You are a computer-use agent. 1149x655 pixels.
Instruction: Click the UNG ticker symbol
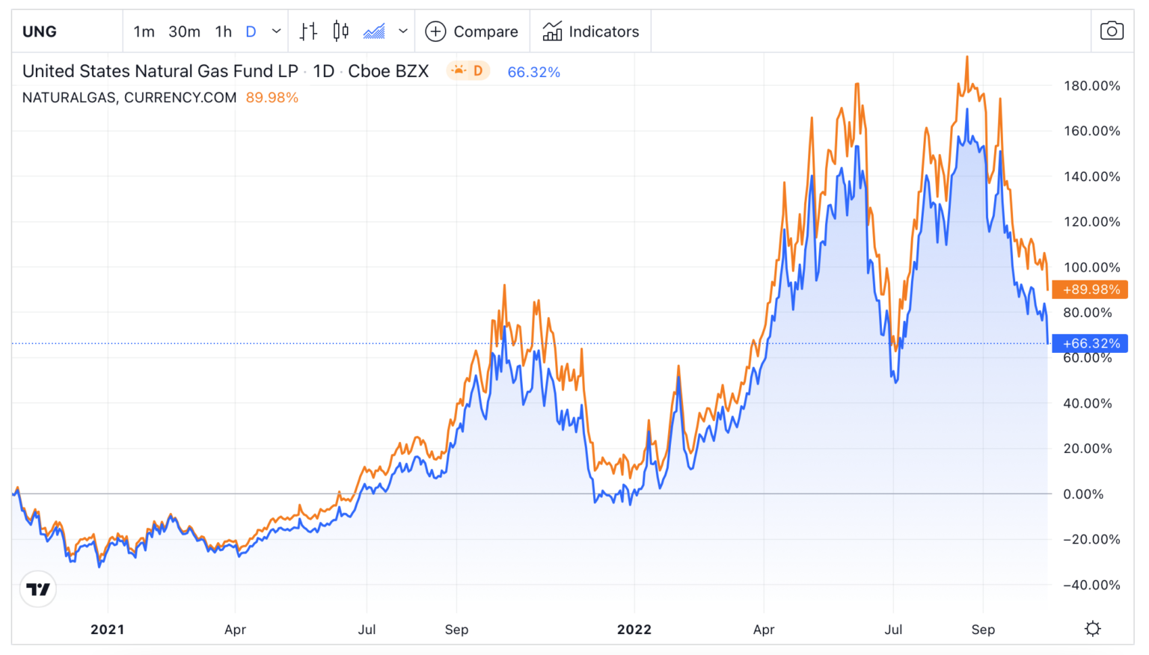tap(40, 31)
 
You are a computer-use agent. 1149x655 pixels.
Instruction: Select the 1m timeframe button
tap(144, 31)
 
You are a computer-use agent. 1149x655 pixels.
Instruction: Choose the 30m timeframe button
tap(184, 31)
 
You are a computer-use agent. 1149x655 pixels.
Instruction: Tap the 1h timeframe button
tap(223, 31)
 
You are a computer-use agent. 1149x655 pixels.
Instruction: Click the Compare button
tap(472, 31)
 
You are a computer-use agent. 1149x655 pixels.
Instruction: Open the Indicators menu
tap(591, 31)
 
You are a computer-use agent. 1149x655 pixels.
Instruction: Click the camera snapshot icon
tap(1112, 31)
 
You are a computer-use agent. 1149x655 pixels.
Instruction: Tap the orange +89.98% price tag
tap(1091, 289)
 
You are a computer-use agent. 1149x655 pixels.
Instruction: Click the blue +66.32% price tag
tap(1091, 343)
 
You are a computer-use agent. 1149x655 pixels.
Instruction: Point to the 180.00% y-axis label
tap(1091, 86)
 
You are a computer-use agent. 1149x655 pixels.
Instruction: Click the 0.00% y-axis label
tap(1083, 494)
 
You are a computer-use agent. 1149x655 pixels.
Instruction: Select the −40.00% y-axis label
tap(1091, 585)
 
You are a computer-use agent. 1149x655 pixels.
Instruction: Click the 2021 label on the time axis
tap(108, 630)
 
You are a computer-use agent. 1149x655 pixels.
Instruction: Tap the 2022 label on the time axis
tap(634, 630)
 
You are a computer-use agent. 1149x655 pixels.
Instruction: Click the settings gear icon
tap(1093, 629)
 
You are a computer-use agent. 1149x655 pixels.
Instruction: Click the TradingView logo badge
tap(38, 589)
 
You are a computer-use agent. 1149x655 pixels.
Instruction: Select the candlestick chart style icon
tap(341, 31)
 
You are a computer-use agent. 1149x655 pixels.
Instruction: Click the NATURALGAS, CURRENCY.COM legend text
tap(129, 98)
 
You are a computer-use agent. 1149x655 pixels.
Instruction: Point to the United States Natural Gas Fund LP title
tap(160, 71)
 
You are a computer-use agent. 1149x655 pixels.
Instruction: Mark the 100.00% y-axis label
tap(1091, 268)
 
